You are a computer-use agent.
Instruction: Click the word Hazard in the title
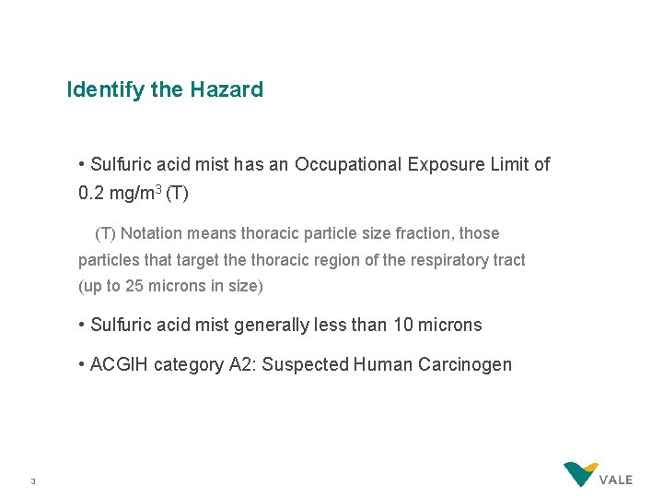227,89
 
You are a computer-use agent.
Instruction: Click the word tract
507,260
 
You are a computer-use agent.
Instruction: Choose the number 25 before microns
134,286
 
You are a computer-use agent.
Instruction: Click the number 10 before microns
403,325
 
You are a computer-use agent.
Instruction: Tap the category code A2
238,364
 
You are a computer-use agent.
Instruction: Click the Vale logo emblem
581,475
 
